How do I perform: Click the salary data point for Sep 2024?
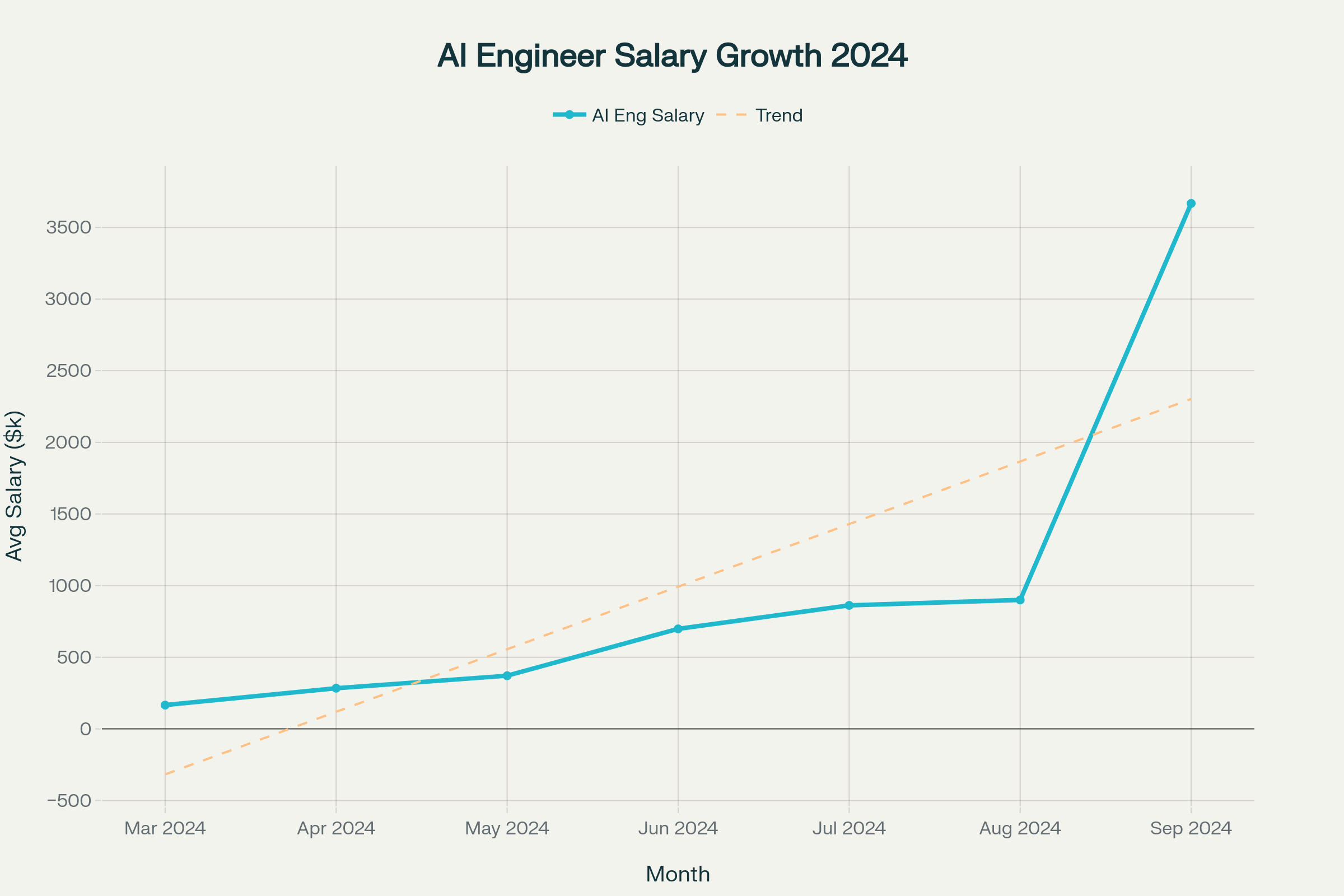click(1191, 203)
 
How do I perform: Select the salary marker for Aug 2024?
click(1020, 600)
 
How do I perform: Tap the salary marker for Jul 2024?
click(849, 605)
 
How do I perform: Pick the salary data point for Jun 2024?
click(678, 628)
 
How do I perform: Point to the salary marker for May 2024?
click(507, 675)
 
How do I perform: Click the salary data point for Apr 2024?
click(336, 689)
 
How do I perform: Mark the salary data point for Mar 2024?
click(165, 705)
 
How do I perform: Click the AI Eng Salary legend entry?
click(628, 115)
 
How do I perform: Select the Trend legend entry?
click(760, 115)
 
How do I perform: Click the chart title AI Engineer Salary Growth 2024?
click(672, 56)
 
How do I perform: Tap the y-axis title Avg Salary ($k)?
click(15, 486)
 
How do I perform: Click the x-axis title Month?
click(678, 874)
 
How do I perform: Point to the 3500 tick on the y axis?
click(68, 227)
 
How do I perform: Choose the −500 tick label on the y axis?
click(68, 801)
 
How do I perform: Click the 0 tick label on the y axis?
click(85, 729)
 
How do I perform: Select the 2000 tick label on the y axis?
click(68, 442)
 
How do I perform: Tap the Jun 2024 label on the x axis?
click(678, 829)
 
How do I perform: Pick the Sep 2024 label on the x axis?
click(1191, 829)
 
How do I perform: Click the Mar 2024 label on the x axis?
click(165, 829)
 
